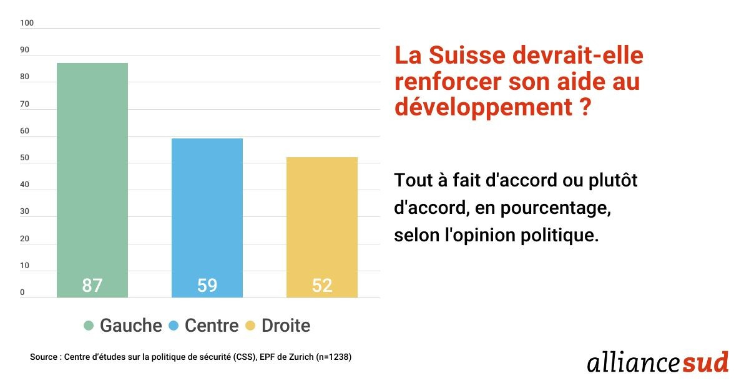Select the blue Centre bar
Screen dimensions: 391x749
[207, 206]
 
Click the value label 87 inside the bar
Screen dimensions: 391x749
[92, 285]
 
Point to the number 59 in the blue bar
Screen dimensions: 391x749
[207, 285]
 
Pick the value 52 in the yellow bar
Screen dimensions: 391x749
[321, 285]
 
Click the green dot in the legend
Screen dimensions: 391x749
[89, 326]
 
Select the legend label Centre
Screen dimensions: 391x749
[212, 326]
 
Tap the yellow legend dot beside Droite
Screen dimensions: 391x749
[250, 326]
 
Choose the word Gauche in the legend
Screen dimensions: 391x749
[130, 326]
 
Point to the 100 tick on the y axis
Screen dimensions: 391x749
[26, 24]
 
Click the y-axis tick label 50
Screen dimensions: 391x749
[24, 158]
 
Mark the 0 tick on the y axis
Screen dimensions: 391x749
[22, 292]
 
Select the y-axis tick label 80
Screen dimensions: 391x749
[24, 77]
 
